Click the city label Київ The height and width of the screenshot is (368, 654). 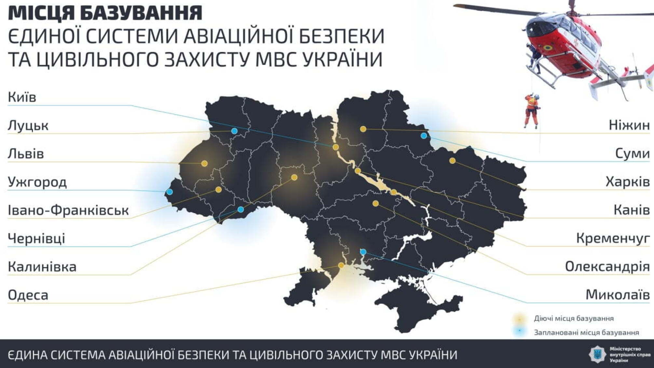[22, 97]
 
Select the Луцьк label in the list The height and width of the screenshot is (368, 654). [28, 125]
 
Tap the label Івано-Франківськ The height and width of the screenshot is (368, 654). [68, 210]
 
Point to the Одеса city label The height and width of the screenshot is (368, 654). [28, 295]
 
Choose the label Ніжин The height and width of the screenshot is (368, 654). [629, 125]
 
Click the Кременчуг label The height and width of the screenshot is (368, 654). [613, 238]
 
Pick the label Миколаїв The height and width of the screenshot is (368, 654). [617, 295]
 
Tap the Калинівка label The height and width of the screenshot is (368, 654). [42, 267]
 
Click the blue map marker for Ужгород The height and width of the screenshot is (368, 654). [170, 192]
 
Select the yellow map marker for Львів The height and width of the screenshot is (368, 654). [204, 163]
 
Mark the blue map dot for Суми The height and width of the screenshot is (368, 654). [424, 136]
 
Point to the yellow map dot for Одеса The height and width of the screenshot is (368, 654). [341, 265]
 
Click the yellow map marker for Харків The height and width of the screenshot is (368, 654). [452, 161]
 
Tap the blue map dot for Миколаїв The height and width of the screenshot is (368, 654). [363, 252]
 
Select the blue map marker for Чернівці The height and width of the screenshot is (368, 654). [240, 209]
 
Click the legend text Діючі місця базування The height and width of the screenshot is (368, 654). [574, 318]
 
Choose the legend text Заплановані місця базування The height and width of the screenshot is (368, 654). [586, 333]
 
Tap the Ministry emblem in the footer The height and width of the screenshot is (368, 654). [597, 354]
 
